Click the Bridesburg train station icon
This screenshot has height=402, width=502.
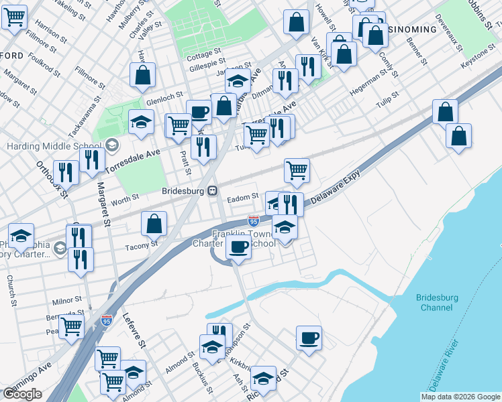(x=211, y=190)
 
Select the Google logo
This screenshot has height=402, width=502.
(x=22, y=394)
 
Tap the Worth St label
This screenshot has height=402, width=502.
(x=125, y=198)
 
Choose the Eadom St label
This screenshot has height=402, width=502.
(x=242, y=197)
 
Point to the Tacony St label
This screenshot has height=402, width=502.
(x=141, y=245)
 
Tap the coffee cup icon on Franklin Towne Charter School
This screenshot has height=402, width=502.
(x=238, y=248)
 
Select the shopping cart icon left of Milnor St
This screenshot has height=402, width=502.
(x=71, y=327)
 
